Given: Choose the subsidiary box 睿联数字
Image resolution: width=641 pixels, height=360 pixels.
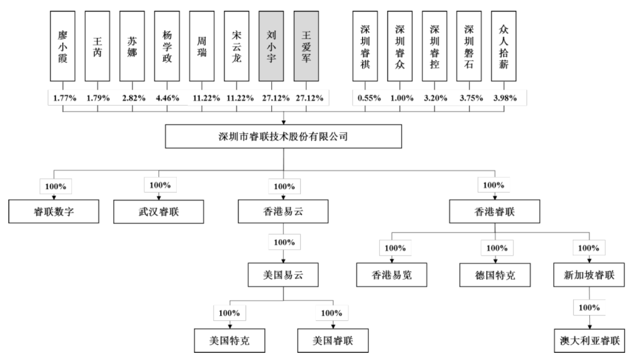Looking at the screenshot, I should click(x=53, y=212).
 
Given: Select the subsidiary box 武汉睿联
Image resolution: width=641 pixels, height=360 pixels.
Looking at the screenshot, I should click(x=158, y=212).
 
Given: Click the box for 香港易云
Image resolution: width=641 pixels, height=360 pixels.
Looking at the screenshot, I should click(x=283, y=212).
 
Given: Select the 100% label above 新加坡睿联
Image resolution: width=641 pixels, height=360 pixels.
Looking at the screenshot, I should click(x=589, y=248).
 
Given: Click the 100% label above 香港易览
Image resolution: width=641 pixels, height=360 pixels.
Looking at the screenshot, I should click(x=392, y=248).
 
